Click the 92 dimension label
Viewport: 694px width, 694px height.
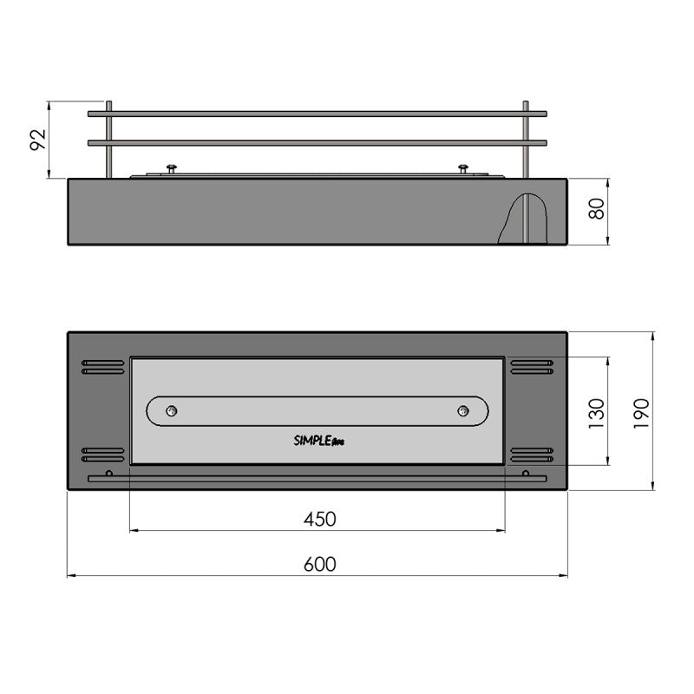click(38, 140)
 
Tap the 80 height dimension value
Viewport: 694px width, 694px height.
click(596, 208)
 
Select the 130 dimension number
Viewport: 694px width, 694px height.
click(596, 414)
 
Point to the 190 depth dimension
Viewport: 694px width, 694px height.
click(641, 414)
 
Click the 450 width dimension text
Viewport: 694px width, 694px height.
click(319, 519)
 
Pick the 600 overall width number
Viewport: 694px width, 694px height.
click(319, 565)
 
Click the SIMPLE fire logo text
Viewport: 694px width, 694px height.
click(318, 441)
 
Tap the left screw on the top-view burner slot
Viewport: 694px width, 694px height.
click(171, 411)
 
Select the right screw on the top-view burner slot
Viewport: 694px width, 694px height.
click(463, 411)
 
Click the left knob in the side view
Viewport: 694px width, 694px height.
click(171, 169)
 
